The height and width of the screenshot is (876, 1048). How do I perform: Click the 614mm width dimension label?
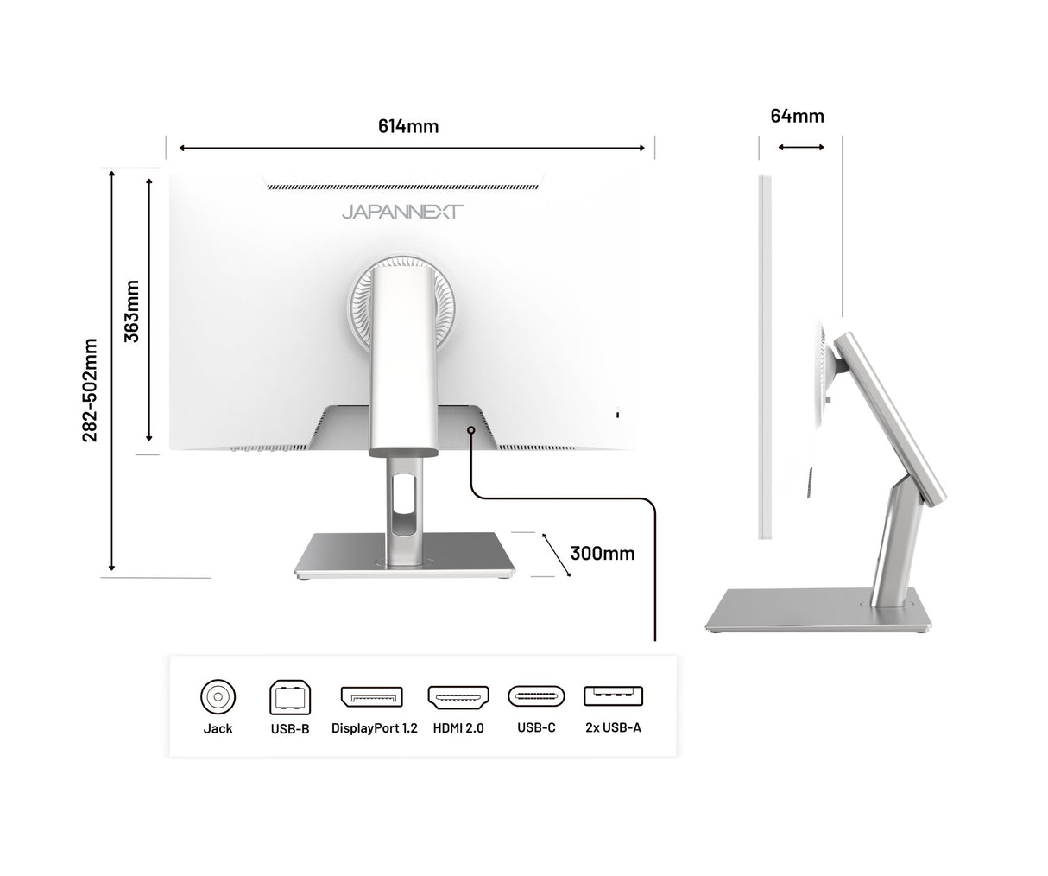(408, 126)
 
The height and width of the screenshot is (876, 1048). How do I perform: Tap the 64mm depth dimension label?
(797, 116)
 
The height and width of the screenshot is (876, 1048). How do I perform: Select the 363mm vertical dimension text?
(131, 311)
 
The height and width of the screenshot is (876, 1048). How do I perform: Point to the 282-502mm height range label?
(90, 390)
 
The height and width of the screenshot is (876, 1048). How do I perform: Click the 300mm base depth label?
(603, 554)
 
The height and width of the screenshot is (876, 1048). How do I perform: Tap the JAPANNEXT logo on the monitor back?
(402, 212)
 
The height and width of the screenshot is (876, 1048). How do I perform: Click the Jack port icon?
(218, 696)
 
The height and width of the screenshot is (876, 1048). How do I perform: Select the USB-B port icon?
(290, 697)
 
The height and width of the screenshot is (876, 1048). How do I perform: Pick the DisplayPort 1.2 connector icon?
(372, 697)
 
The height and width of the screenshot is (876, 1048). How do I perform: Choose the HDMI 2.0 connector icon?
(458, 697)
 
